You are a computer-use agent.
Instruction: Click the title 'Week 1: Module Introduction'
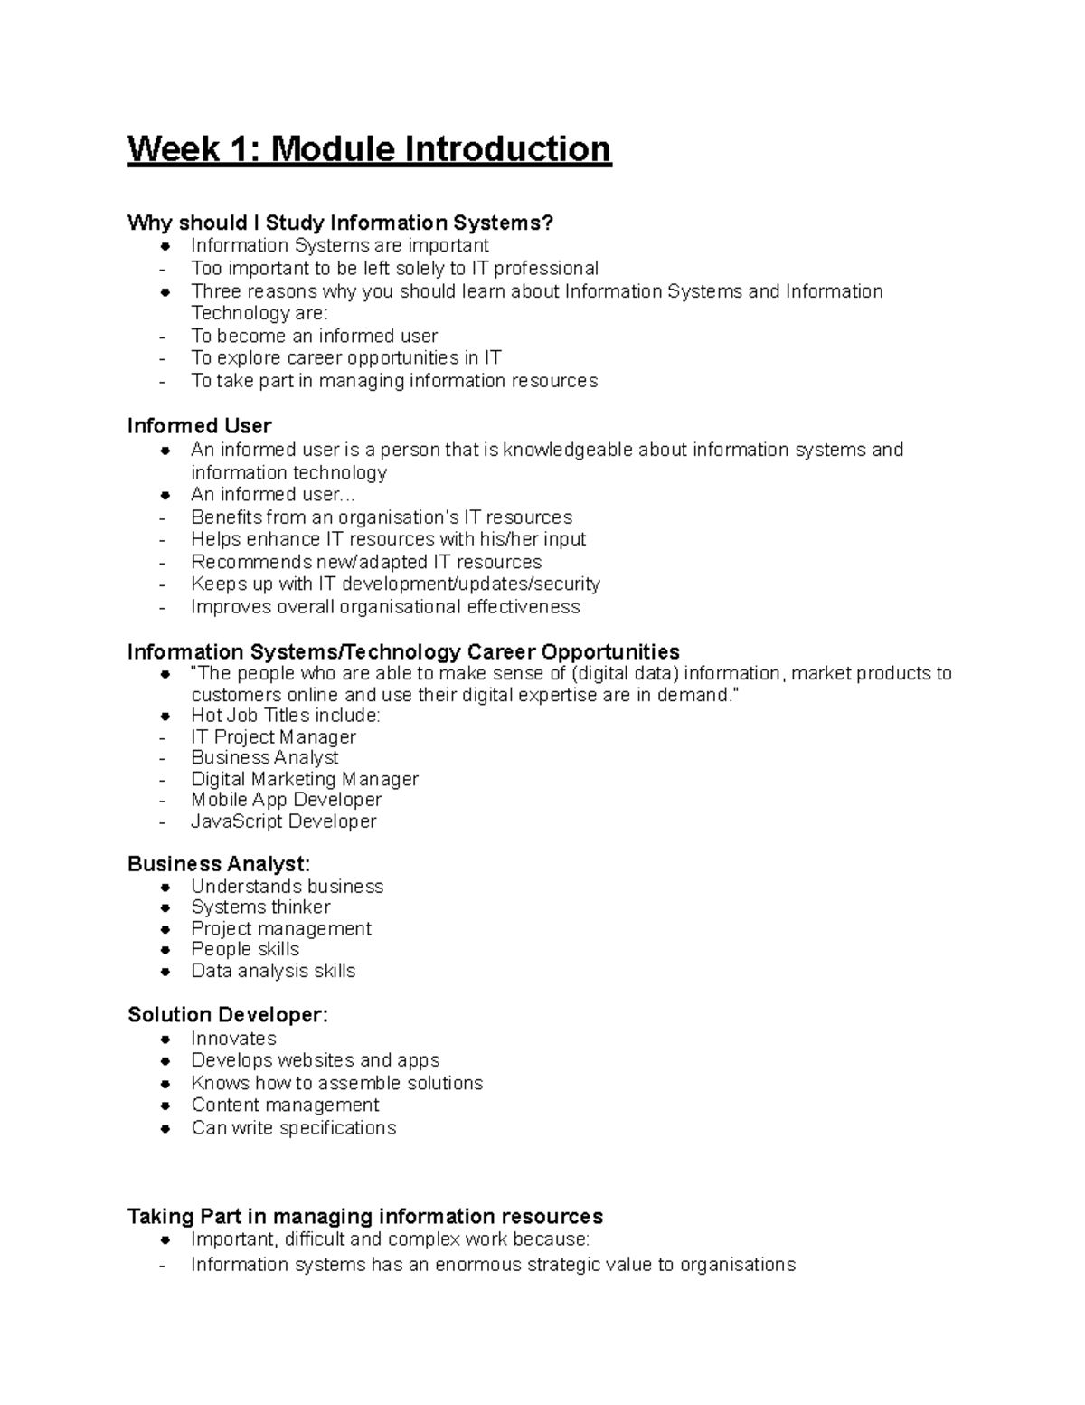tap(369, 149)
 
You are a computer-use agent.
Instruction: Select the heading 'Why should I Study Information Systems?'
tap(340, 223)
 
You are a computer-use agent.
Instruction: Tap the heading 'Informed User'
tap(199, 426)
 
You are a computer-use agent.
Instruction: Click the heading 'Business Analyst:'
tap(219, 864)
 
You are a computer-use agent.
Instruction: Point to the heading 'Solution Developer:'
tap(228, 1015)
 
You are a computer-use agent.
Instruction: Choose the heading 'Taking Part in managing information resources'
tap(365, 1216)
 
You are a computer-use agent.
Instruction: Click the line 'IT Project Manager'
tap(273, 737)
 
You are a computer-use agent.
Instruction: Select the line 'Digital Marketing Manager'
tap(305, 779)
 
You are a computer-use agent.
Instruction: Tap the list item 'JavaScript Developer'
tap(283, 821)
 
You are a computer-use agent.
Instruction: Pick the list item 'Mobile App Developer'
tap(286, 800)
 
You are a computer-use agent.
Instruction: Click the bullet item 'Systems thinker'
tap(260, 907)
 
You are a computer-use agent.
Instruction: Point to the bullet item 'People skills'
tap(245, 949)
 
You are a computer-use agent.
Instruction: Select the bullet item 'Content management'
tap(285, 1106)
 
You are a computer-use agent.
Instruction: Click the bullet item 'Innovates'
tap(233, 1039)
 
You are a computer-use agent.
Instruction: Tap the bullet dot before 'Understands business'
tap(165, 888)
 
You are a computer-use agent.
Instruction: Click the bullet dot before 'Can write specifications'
tap(165, 1129)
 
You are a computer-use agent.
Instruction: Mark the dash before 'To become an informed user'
tap(163, 337)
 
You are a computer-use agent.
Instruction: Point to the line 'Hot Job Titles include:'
tap(286, 716)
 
